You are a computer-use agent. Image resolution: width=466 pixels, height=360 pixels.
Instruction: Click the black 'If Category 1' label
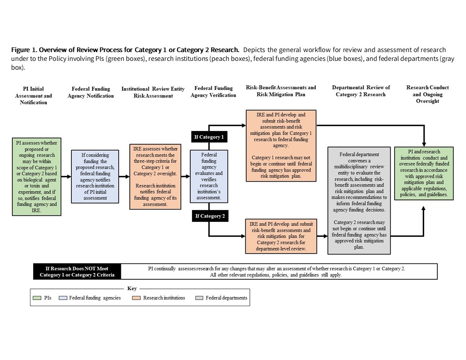pos(209,137)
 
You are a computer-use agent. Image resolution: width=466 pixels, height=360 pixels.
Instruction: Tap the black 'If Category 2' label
pos(209,216)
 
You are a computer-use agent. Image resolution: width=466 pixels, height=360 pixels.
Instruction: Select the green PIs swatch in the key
pos(38,298)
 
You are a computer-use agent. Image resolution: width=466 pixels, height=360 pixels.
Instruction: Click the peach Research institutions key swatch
pos(136,298)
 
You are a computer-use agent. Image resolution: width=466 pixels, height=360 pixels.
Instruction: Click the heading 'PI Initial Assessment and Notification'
pos(34,95)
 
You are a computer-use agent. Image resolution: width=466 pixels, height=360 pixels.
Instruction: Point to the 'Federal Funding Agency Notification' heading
pos(91,92)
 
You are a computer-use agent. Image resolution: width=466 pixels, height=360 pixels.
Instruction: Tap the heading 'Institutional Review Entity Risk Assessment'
pos(153,92)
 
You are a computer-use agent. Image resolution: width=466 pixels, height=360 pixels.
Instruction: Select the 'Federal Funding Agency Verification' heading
pos(214,92)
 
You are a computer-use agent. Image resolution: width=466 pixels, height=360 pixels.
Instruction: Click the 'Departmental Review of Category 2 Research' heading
pos(361,91)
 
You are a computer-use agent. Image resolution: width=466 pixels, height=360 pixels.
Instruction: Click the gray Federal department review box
pos(359,201)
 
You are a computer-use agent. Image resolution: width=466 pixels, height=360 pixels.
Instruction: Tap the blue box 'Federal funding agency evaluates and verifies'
pos(209,176)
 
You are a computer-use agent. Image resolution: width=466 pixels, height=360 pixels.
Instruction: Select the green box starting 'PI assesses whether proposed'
pos(36,176)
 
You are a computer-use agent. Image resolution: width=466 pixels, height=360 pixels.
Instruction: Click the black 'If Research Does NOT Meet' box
pos(77,271)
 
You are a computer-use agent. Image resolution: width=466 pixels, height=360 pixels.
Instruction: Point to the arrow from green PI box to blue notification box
pos(66,176)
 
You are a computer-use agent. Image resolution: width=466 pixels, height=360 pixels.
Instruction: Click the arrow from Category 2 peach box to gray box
pos(322,236)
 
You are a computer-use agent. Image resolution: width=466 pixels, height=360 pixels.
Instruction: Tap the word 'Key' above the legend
pos(132,288)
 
